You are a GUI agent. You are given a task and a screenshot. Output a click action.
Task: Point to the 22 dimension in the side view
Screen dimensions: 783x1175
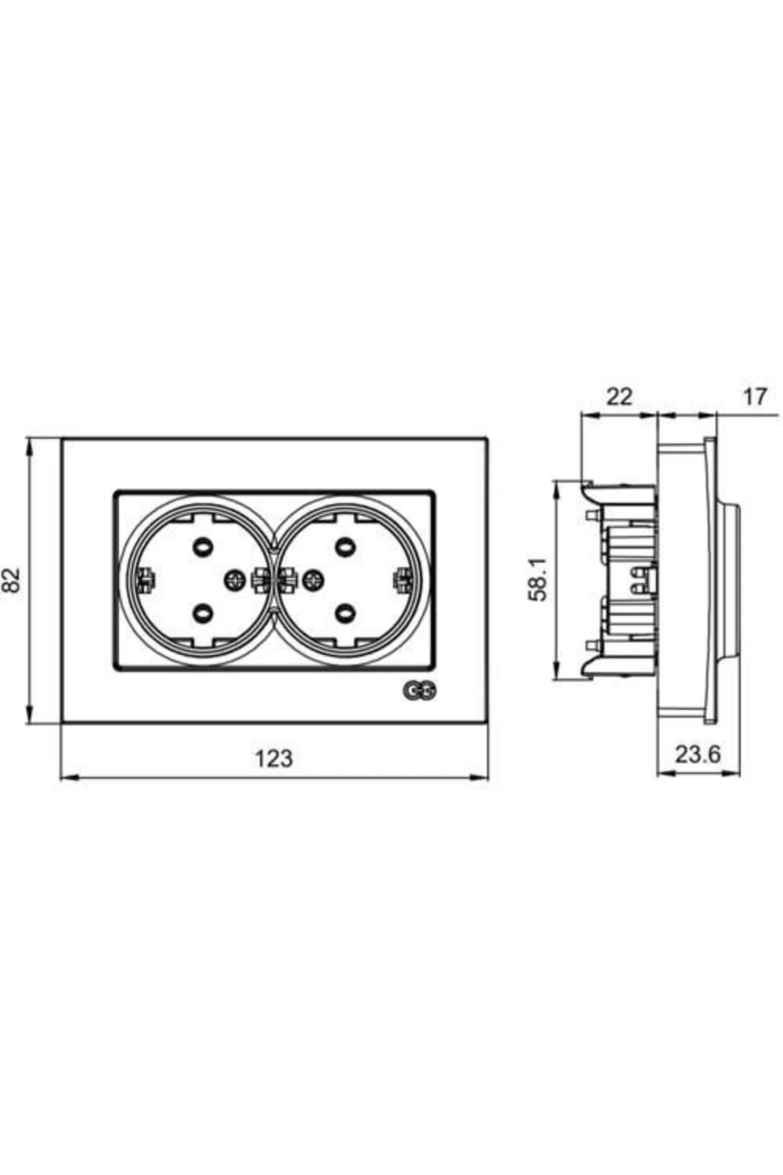pyautogui.click(x=619, y=396)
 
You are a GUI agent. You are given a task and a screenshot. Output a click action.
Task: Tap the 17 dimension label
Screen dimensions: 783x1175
pyautogui.click(x=754, y=396)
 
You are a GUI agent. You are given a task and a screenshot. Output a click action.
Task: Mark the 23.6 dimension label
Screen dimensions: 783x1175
pyautogui.click(x=698, y=755)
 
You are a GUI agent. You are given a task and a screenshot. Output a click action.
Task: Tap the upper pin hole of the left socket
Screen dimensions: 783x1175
pyautogui.click(x=202, y=543)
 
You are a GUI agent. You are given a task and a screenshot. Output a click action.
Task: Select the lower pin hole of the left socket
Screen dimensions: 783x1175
pyautogui.click(x=202, y=612)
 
